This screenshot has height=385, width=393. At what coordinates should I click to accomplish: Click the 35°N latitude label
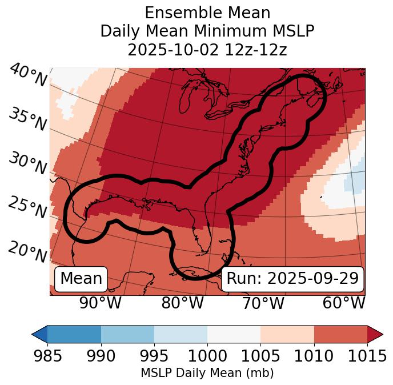point(27,119)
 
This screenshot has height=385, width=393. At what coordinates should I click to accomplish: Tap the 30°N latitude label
point(27,165)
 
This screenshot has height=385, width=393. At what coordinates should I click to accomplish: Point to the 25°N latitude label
point(27,208)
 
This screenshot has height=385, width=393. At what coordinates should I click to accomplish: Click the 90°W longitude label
point(100,303)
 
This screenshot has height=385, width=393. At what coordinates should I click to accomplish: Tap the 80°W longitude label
point(182,303)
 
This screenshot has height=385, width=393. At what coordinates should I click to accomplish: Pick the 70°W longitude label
point(262,303)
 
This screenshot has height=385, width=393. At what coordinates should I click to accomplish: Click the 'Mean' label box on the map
point(81,279)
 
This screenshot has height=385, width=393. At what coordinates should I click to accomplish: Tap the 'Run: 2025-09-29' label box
point(292,279)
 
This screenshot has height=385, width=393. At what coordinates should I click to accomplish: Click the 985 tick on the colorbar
point(47,356)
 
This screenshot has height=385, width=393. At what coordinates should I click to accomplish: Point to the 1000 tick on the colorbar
point(207,356)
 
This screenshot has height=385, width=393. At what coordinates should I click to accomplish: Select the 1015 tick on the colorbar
point(367,356)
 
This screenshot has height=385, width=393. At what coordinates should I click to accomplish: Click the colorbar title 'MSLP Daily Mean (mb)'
point(207,374)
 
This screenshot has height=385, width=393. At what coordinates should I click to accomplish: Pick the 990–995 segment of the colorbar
point(127,334)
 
